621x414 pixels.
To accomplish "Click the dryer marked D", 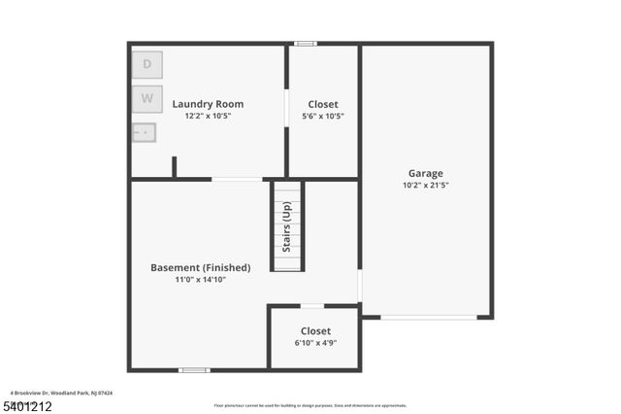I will [x=147, y=64].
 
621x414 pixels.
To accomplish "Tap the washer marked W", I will [x=147, y=98].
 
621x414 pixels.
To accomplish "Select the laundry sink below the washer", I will [x=144, y=131].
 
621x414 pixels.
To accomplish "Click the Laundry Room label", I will [x=208, y=104].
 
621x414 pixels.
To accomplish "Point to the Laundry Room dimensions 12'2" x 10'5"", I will [x=208, y=116].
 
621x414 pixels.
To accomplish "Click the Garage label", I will [x=425, y=174].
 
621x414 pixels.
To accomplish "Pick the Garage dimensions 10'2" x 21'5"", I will [x=425, y=186].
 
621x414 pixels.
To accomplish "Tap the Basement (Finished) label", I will [x=200, y=267].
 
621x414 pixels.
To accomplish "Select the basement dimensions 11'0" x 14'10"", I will [x=200, y=280].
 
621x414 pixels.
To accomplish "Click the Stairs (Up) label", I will [x=287, y=226].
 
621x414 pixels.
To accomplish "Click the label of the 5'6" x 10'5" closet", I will [x=322, y=104].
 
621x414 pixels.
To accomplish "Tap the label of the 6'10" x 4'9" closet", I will [x=315, y=331].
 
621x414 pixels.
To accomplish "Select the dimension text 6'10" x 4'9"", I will [x=315, y=343].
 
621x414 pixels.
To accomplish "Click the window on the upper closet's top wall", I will [x=306, y=43].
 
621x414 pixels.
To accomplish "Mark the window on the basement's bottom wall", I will [x=194, y=369].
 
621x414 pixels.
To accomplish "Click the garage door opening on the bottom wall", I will [x=428, y=317].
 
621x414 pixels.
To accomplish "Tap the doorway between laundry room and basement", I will [x=237, y=179].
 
